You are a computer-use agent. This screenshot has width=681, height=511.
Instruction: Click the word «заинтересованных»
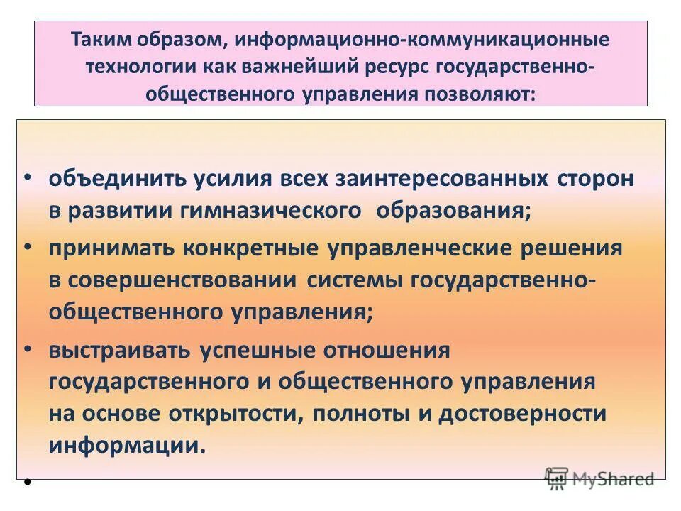click(405, 178)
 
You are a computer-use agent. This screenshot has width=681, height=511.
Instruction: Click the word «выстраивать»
click(119, 350)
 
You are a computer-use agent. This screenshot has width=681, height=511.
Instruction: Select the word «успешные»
click(258, 350)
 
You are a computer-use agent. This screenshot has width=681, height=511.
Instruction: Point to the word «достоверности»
click(523, 414)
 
